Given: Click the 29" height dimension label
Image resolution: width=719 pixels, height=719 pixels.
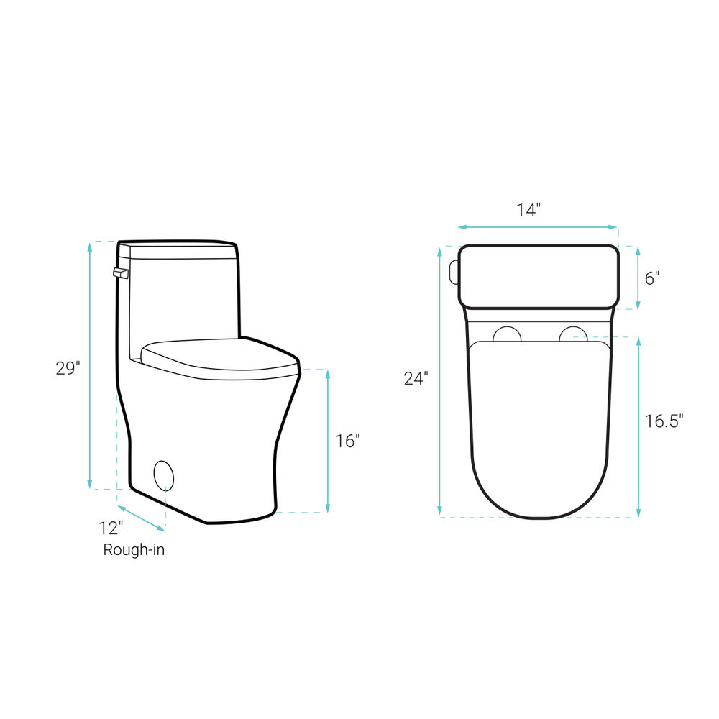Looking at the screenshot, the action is (68, 367).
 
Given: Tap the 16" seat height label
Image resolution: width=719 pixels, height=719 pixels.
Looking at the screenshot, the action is (347, 441).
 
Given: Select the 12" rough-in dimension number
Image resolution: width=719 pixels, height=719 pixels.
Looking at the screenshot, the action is (111, 528).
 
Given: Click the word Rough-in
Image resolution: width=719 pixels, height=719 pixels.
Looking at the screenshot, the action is (134, 549).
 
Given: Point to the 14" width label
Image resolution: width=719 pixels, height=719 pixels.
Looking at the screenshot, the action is (528, 210).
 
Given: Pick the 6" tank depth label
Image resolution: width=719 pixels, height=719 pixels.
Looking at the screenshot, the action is (652, 278).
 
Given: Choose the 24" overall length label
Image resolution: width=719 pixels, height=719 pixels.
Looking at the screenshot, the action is (416, 378).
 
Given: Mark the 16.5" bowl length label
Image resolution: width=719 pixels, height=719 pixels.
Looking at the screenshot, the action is (664, 421).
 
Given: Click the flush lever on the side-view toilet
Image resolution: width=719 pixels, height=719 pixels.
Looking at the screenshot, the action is (121, 273).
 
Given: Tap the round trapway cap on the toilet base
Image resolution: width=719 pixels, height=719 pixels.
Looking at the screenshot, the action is (164, 475).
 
